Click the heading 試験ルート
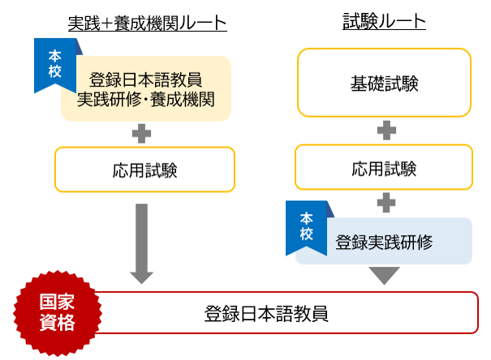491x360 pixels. pyautogui.click(x=384, y=22)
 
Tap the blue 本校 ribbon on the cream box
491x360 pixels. pyautogui.click(x=54, y=63)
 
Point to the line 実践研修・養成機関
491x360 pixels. pyautogui.click(x=145, y=100)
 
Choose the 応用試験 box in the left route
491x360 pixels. pyautogui.click(x=144, y=169)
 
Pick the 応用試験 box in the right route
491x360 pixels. pyautogui.click(x=384, y=169)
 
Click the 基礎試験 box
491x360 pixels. pyautogui.click(x=384, y=83)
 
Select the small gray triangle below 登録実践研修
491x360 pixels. pyautogui.click(x=385, y=275)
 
